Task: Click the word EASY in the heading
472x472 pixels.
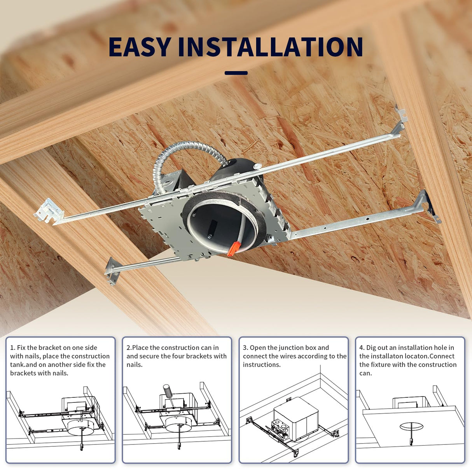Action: coord(139,47)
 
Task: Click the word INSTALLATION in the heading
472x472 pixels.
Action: coord(270,47)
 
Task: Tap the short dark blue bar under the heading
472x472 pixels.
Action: coord(236,73)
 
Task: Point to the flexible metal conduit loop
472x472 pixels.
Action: coord(183,156)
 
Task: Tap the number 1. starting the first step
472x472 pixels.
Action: coord(13,348)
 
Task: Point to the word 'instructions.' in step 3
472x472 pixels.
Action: coord(261,365)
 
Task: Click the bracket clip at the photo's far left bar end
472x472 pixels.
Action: coord(48,210)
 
